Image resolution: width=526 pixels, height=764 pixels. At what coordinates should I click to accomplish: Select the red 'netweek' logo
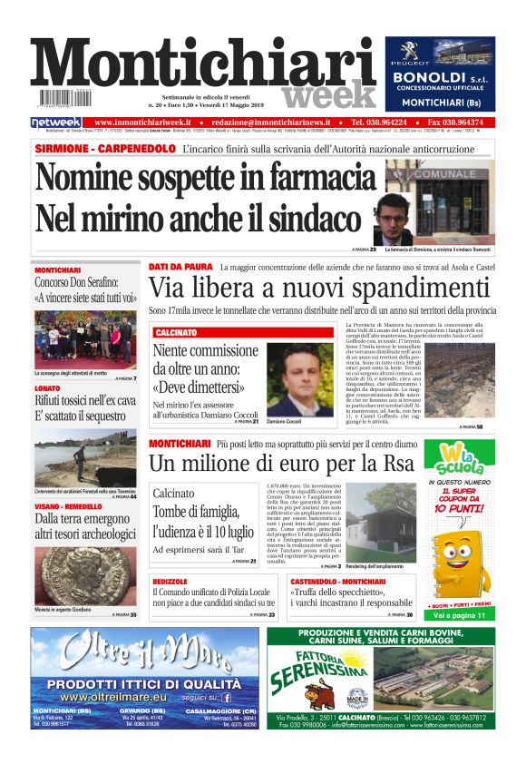click(x=56, y=122)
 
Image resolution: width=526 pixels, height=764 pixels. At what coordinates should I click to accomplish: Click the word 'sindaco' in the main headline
click(x=309, y=219)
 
